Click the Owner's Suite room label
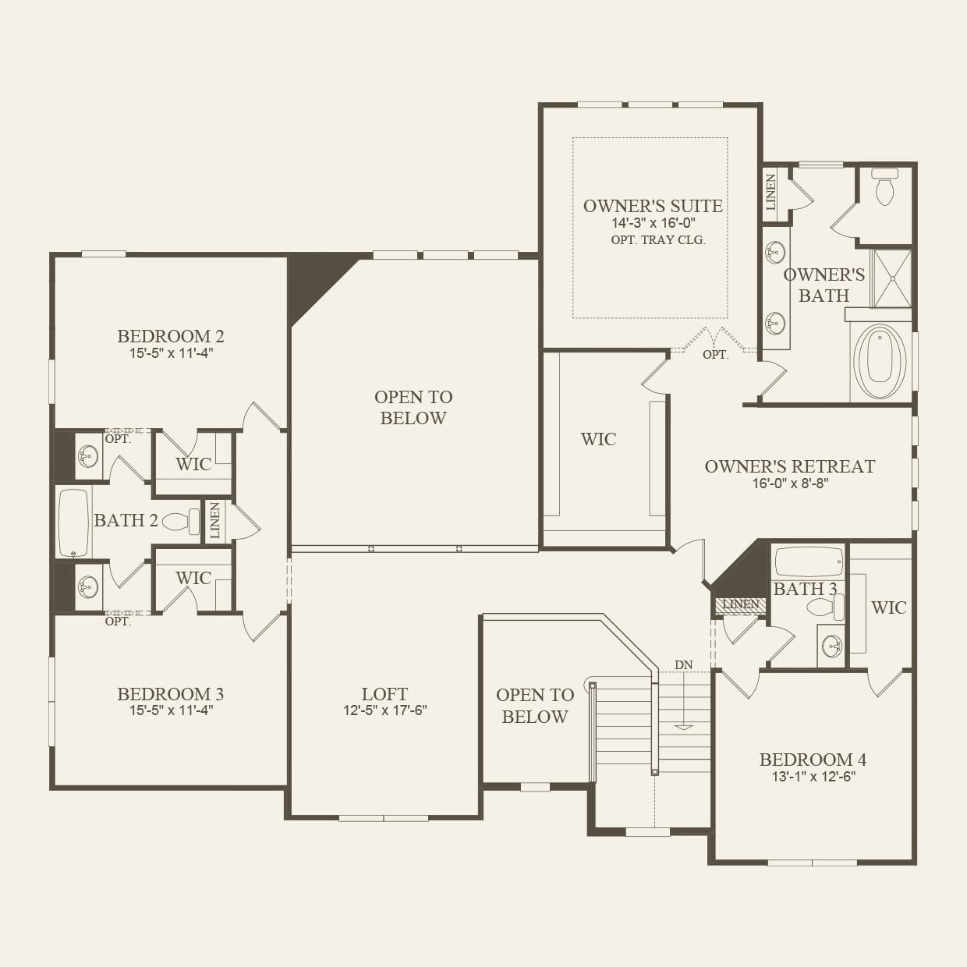coord(653,206)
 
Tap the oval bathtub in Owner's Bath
coord(880,361)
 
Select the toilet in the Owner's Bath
coord(884,188)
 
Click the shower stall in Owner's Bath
coord(891,278)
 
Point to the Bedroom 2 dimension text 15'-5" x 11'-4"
coord(171,353)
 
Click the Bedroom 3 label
coord(170,694)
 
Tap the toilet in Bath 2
coord(180,521)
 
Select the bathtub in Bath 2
coord(74,522)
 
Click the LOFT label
coord(384,694)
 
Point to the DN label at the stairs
coord(683,665)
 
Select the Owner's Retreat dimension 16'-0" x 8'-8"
coord(789,483)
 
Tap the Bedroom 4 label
coord(813,760)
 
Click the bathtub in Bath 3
coord(808,561)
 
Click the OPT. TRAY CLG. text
coord(657,240)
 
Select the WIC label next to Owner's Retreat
coord(598,439)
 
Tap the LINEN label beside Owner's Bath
coord(771,192)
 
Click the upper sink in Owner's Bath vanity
coord(775,253)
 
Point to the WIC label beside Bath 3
coord(888,607)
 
